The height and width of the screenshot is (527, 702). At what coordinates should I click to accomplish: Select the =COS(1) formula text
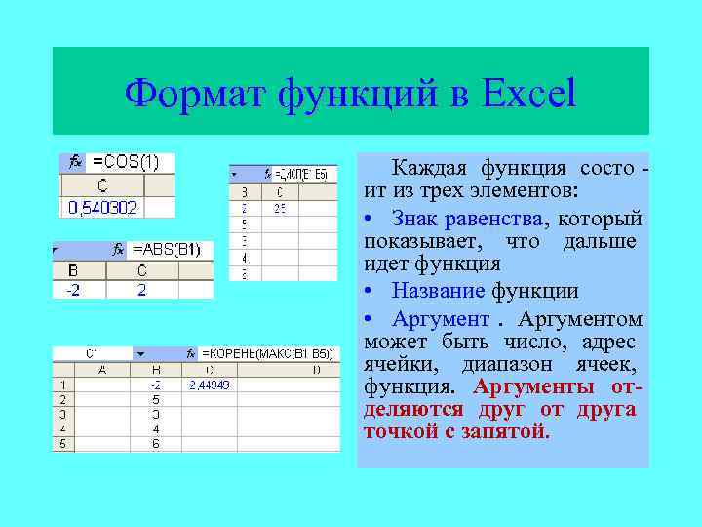pyautogui.click(x=127, y=162)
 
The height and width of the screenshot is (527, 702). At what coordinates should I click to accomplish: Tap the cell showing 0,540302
pyautogui.click(x=102, y=207)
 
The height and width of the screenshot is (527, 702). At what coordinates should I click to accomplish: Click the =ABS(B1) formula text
pyautogui.click(x=166, y=249)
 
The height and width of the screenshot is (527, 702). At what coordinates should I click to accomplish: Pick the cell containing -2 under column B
pyautogui.click(x=73, y=290)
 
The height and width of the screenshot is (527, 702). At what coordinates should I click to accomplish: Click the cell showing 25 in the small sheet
pyautogui.click(x=280, y=208)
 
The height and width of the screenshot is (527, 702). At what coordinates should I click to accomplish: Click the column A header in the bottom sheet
pyautogui.click(x=102, y=370)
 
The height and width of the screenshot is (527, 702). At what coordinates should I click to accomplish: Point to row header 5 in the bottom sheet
pyautogui.click(x=62, y=443)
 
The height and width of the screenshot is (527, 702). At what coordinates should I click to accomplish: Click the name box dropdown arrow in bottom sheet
pyautogui.click(x=140, y=353)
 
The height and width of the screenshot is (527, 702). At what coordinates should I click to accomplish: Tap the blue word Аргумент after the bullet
pyautogui.click(x=440, y=319)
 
